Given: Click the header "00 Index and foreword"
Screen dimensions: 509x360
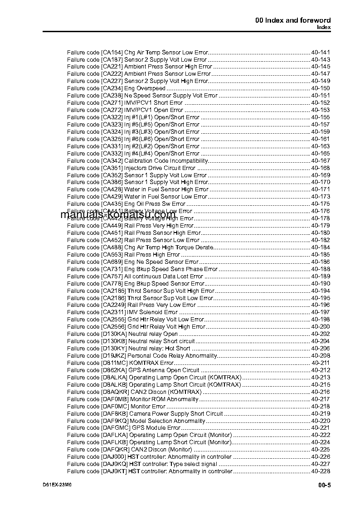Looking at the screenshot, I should point(293,20).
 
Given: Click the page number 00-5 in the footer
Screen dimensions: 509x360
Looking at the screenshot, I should point(324,486).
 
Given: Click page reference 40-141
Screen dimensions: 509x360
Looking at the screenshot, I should point(321,52).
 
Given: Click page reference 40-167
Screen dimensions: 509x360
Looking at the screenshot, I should point(321,161).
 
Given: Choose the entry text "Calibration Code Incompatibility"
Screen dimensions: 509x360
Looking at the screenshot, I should point(166,161).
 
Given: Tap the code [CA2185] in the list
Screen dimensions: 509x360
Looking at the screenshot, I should point(113,291).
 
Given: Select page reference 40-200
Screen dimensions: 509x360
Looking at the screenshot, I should point(321,327).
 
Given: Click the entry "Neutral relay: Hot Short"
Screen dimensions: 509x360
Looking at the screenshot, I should point(159,349).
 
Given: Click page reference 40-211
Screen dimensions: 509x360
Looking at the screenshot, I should point(321,363).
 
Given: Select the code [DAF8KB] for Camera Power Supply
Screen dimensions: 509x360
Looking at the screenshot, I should point(115,413).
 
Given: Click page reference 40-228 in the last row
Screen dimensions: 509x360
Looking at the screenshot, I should point(321,471).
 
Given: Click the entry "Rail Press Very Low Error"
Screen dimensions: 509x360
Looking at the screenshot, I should point(161,305).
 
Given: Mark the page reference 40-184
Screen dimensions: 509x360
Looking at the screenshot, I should point(321,247).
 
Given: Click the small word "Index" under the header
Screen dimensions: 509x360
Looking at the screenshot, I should point(324,27).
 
